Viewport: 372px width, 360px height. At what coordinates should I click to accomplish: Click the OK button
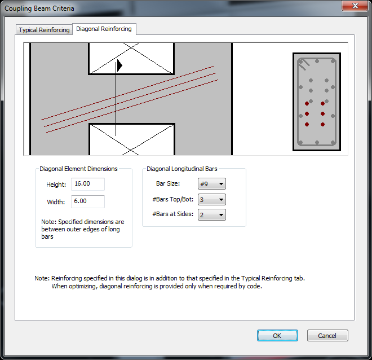(277, 336)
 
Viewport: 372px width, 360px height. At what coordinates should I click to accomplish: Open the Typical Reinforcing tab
(44, 30)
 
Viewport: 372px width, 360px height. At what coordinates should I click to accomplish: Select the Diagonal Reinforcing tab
(104, 29)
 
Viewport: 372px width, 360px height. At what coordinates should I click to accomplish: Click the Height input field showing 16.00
(88, 184)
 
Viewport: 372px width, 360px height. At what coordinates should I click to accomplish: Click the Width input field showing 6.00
(88, 201)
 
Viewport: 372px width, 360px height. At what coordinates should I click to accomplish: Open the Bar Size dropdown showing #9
(212, 184)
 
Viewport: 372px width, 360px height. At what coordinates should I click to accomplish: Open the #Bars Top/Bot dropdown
(212, 200)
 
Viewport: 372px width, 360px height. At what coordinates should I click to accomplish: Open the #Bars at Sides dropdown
(212, 214)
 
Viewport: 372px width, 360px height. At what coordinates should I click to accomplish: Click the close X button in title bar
(355, 6)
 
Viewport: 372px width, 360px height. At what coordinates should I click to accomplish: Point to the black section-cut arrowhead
(119, 65)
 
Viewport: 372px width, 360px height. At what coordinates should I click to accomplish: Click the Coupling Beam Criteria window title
(39, 8)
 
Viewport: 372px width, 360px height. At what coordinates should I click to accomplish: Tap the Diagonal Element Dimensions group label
(78, 169)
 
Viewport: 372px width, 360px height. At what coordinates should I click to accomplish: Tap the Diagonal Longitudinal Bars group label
(182, 169)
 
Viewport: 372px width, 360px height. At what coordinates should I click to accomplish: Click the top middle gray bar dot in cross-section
(317, 62)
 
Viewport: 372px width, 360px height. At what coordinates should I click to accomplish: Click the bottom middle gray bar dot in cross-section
(317, 143)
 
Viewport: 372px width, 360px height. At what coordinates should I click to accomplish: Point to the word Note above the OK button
(42, 278)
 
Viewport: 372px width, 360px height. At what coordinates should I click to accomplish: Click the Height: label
(56, 185)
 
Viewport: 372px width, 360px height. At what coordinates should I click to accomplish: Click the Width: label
(56, 202)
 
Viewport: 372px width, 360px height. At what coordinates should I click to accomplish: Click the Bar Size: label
(168, 183)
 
